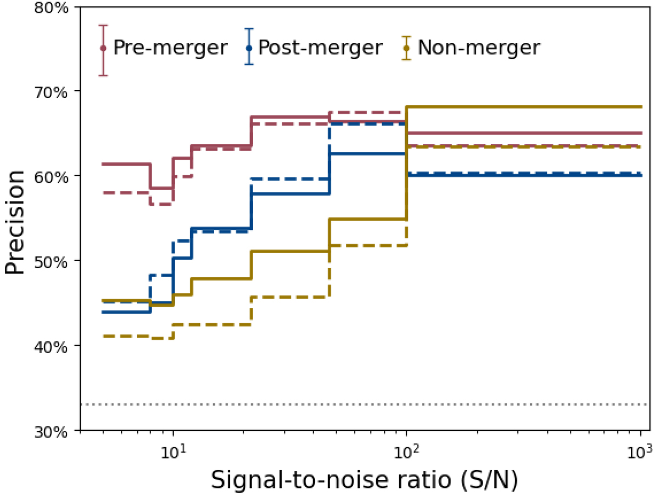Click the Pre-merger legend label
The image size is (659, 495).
170,48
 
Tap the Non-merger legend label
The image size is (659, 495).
479,48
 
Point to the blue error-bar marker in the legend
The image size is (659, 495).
249,47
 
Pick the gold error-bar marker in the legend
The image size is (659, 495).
406,48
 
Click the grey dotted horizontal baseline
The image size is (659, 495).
362,404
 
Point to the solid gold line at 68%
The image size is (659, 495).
522,106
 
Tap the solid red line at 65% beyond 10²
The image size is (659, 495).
522,133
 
